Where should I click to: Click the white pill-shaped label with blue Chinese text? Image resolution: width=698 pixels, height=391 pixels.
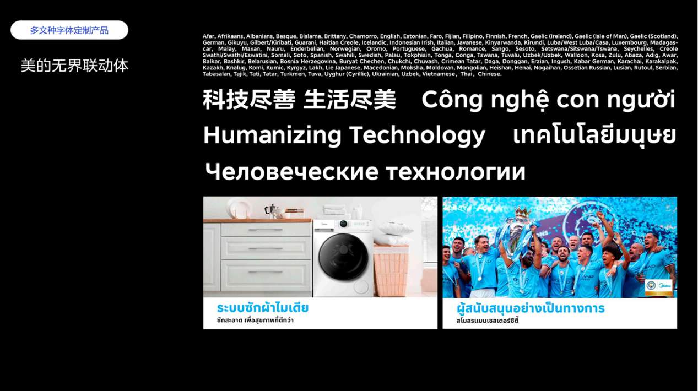tap(69, 30)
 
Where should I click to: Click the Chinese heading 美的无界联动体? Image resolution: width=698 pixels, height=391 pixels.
tap(74, 66)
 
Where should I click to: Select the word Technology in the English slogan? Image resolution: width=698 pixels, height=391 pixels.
tap(417, 135)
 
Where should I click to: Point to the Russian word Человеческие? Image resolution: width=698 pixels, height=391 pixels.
tap(291, 171)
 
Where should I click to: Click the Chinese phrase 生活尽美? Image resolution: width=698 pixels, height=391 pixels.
tap(350, 100)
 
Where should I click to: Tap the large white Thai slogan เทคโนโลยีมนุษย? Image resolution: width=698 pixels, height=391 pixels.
tap(594, 135)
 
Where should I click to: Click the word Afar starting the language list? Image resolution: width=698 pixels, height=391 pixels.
tap(208, 36)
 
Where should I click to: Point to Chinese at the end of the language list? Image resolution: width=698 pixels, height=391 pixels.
tap(490, 74)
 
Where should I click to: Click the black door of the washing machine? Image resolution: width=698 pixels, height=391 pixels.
tap(343, 257)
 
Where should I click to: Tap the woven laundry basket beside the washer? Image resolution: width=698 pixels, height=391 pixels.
tap(391, 271)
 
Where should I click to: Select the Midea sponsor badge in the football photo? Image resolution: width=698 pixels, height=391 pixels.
tap(659, 287)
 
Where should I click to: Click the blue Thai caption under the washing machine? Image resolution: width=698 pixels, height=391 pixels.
tap(263, 308)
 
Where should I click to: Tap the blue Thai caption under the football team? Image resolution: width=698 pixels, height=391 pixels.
tap(531, 308)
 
